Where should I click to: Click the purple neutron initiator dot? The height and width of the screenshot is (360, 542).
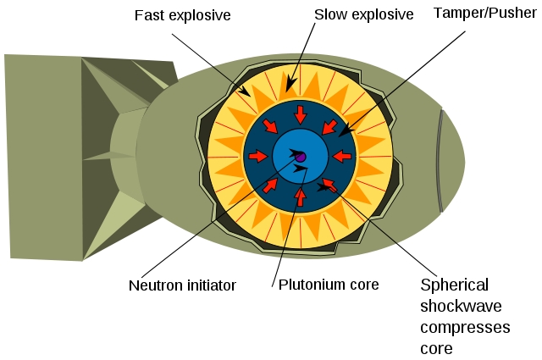point(300,155)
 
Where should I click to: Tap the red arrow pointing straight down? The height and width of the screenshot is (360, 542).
point(300,114)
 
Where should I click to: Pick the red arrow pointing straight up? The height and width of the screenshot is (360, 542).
point(300,197)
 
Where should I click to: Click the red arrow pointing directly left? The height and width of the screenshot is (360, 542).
point(341,156)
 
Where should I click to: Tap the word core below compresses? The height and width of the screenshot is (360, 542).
point(437,347)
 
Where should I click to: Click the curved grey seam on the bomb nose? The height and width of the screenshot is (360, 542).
point(440,161)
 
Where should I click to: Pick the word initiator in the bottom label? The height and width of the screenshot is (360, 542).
point(207,285)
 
